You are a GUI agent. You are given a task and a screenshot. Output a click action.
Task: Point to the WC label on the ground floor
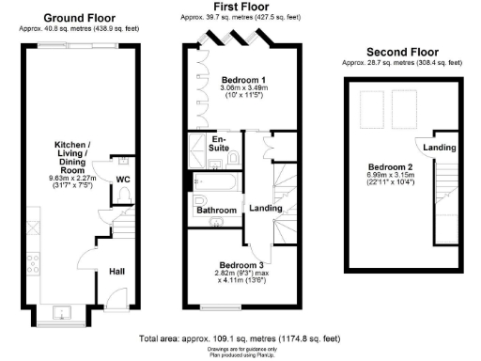pos(123,178)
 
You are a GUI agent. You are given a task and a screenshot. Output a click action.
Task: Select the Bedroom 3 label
pos(241,265)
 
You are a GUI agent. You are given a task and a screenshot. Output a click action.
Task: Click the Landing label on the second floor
pos(440,149)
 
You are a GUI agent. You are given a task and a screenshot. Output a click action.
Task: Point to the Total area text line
pos(239,337)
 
